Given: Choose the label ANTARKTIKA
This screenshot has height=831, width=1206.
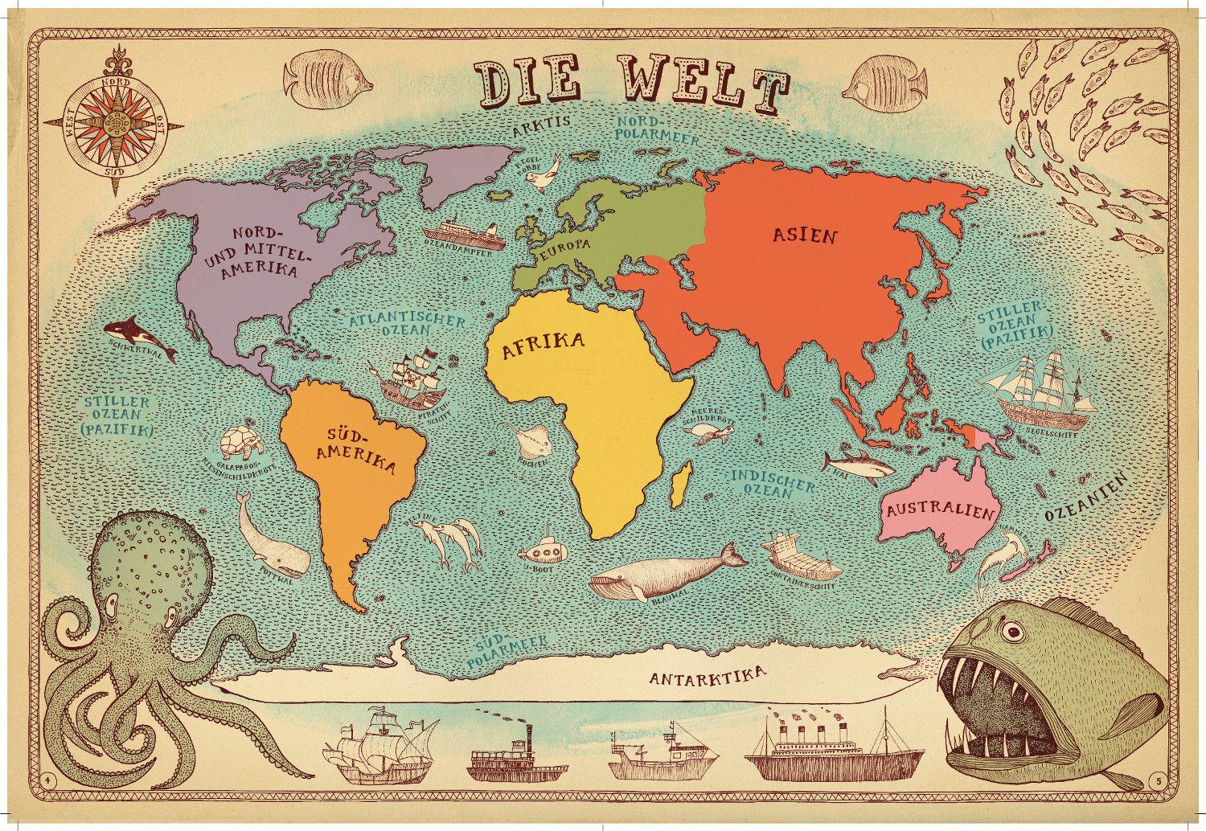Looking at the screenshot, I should (708, 675).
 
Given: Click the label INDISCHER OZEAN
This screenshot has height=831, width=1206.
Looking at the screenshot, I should (761, 480).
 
